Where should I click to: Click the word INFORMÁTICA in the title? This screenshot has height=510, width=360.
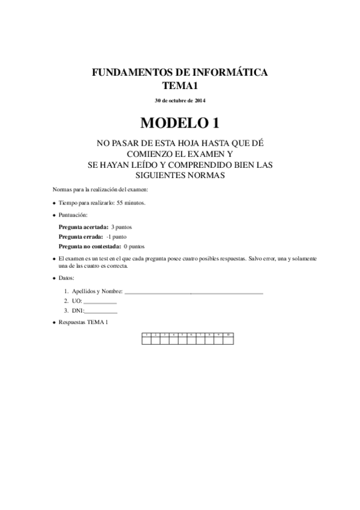(231, 73)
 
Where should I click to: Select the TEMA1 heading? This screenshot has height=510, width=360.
(180, 85)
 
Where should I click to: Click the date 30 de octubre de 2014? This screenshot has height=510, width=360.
(180, 100)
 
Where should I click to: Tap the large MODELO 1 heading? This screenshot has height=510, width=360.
(180, 123)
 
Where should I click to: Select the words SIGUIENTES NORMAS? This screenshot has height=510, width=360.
(180, 175)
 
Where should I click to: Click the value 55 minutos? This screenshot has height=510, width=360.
(130, 203)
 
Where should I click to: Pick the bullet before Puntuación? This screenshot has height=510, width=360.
(54, 215)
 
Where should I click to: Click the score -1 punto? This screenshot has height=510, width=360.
(116, 237)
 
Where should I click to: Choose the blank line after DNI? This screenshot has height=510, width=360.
(101, 311)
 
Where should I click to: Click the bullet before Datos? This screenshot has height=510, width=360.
(54, 278)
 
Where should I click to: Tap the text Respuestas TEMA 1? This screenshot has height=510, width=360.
(84, 323)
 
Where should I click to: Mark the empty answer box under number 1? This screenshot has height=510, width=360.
(146, 340)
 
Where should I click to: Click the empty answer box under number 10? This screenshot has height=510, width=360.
(228, 340)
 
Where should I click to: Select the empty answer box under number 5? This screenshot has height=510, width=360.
(183, 340)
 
